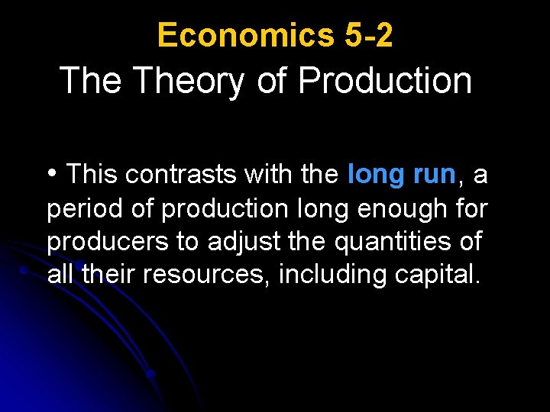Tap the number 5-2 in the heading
tap(364, 35)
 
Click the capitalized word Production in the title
tap(385, 81)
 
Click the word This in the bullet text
tap(92, 175)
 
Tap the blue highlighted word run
tap(435, 175)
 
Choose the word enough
tap(394, 209)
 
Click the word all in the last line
tap(60, 275)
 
